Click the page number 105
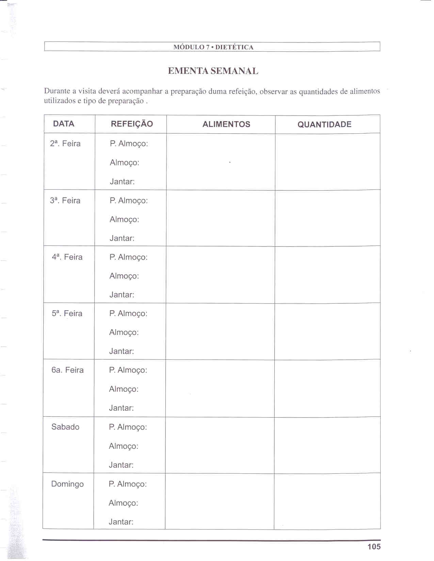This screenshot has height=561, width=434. [x=374, y=546]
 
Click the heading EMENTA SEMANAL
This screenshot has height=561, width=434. [x=213, y=71]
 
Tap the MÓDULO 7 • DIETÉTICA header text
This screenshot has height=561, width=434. [x=213, y=47]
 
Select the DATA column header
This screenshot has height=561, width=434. [x=64, y=124]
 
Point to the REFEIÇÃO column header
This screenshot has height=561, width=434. [x=132, y=124]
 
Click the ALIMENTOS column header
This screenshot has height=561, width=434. [x=226, y=124]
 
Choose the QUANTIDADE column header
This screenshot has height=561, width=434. [x=324, y=124]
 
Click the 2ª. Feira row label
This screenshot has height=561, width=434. [x=65, y=143]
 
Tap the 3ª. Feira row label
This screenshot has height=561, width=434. [x=65, y=201]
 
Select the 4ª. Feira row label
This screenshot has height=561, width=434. [x=67, y=257]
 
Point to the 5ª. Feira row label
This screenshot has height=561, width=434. [x=67, y=313]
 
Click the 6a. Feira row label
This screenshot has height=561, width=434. [x=67, y=370]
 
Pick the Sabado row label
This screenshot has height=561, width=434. [x=65, y=427]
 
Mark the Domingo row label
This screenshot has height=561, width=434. [x=67, y=484]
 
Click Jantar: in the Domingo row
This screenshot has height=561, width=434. [x=121, y=522]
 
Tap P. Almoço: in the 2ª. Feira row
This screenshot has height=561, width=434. [x=129, y=144]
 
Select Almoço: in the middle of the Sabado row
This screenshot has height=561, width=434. [x=124, y=446]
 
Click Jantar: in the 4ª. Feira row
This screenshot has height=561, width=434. [x=122, y=295]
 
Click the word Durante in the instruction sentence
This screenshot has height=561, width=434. [x=57, y=91]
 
